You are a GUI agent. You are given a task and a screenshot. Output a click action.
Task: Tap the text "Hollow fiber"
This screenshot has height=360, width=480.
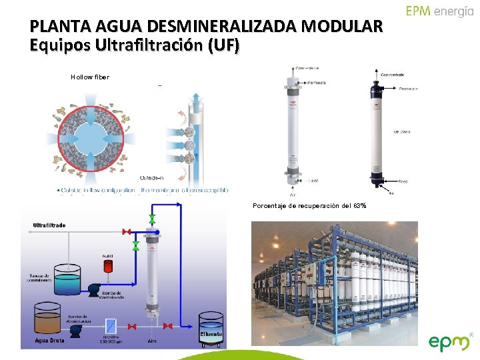[x=89, y=77]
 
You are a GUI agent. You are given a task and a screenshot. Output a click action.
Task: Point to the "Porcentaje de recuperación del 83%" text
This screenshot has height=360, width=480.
[x=309, y=205]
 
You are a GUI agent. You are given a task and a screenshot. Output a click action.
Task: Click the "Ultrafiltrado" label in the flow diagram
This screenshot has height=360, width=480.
[x=49, y=225]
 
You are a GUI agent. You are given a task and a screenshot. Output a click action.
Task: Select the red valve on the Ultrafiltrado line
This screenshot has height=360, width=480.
[x=125, y=231]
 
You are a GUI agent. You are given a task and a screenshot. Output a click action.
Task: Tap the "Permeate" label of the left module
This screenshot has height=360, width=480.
[x=316, y=83]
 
